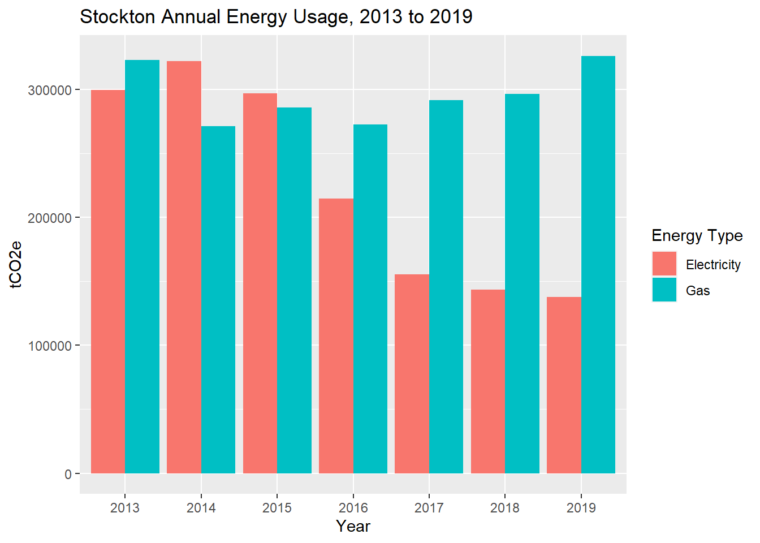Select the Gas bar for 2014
pos(218,300)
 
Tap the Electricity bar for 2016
pos(336,336)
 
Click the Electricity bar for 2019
pos(564,385)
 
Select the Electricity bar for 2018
pos(488,381)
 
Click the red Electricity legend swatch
pos(664,264)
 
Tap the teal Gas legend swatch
pos(664,290)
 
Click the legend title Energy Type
pos(697,235)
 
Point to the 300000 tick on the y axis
pos(50,90)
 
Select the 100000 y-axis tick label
pos(50,346)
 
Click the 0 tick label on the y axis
pos(68,474)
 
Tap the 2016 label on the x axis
pos(353,507)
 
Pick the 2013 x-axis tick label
pos(125,507)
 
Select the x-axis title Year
pos(353,526)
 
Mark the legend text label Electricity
pos(713,265)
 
